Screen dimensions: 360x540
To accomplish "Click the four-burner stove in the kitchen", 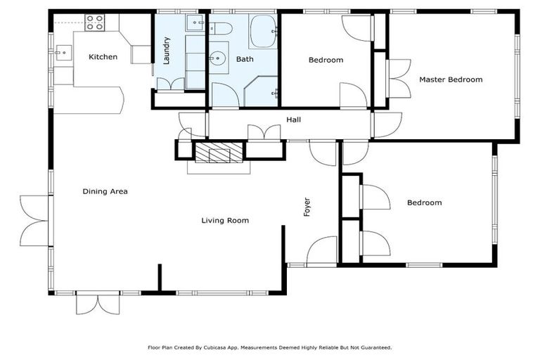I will [95, 22].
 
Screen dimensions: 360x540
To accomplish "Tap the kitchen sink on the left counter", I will [63, 51].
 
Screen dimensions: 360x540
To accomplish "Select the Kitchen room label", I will [103, 57].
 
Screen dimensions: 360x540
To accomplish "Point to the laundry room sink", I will [195, 24].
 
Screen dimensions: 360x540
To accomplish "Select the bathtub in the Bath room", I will [263, 31].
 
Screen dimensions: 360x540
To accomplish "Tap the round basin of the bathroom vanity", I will [219, 58].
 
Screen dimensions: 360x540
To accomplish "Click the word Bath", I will [245, 60].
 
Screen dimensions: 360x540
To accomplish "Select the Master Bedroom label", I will [451, 79].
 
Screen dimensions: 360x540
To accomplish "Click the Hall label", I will [294, 120].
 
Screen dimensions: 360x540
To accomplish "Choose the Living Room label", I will [225, 221].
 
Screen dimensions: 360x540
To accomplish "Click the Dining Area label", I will [105, 191].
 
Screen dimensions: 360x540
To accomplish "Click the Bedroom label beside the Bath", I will [326, 60].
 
